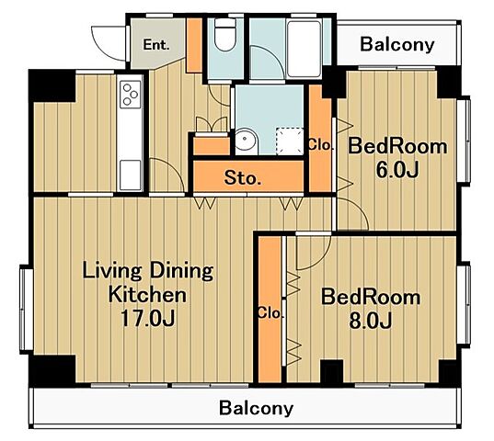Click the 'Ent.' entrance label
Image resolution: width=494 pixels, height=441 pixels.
pyautogui.click(x=156, y=45)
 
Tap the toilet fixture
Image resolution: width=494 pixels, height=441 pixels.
pyautogui.click(x=225, y=35)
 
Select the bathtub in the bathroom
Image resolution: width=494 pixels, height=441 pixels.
pyautogui.click(x=304, y=49)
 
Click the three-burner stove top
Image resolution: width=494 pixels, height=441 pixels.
pyautogui.click(x=131, y=94)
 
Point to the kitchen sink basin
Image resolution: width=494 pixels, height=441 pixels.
pyautogui.click(x=131, y=175)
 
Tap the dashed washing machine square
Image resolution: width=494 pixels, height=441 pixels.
pyautogui.click(x=290, y=141)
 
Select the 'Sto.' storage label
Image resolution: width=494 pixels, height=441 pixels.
pyautogui.click(x=243, y=178)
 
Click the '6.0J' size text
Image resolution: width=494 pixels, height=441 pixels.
pyautogui.click(x=397, y=170)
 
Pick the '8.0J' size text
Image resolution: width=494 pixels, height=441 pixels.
pyautogui.click(x=371, y=321)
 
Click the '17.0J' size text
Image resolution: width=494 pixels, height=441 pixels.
pyautogui.click(x=148, y=318)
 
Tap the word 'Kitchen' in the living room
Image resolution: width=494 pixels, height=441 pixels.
pyautogui.click(x=147, y=295)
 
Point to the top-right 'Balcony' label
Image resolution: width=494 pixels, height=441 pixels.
pyautogui.click(x=397, y=44)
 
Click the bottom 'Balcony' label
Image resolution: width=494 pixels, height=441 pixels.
pyautogui.click(x=256, y=408)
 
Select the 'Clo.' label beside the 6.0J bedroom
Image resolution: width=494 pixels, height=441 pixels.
pyautogui.click(x=319, y=145)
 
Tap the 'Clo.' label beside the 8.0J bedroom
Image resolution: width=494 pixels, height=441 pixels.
pyautogui.click(x=270, y=313)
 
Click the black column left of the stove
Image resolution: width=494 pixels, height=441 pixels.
pyautogui.click(x=52, y=85)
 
